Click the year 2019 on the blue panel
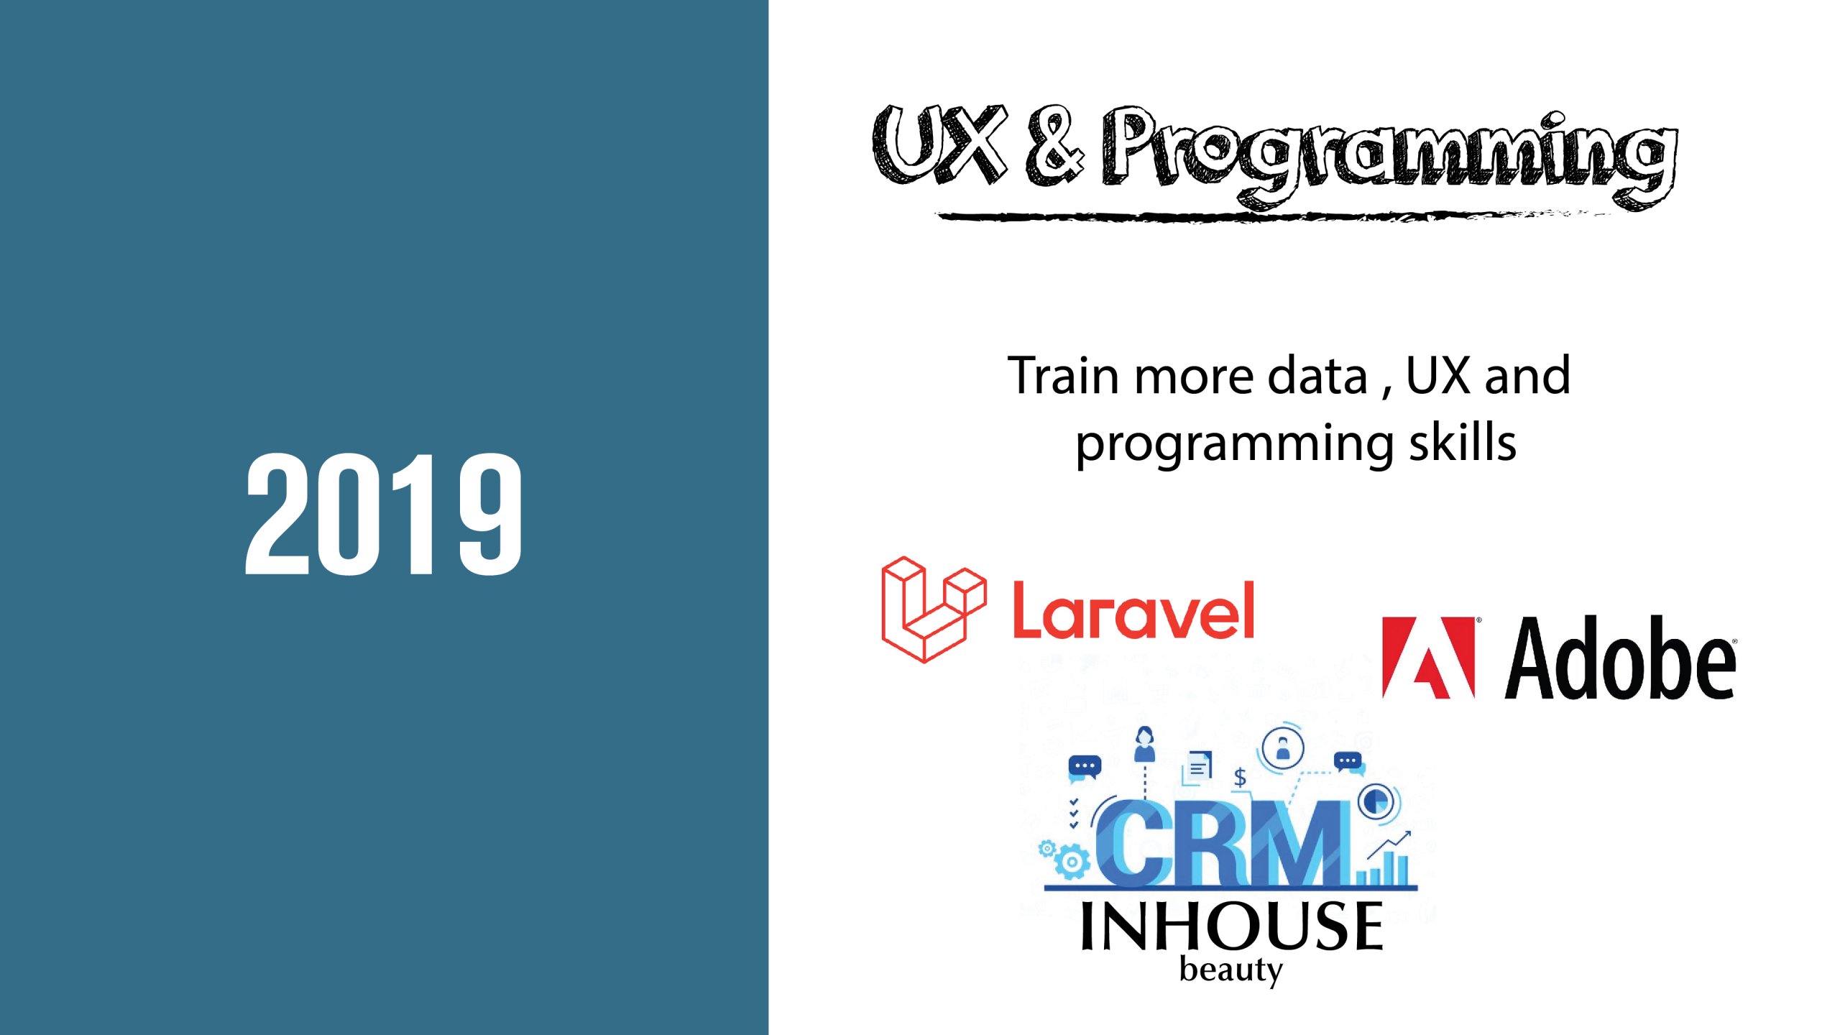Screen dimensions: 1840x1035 click(x=384, y=514)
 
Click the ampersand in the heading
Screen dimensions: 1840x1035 click(x=1054, y=144)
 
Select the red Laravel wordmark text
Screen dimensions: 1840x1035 click(x=1133, y=610)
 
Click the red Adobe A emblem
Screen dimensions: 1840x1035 click(x=1428, y=657)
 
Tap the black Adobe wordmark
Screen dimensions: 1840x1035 click(x=1621, y=657)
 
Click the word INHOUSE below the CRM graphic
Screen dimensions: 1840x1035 click(x=1232, y=926)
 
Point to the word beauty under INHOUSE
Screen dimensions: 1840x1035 click(x=1231, y=971)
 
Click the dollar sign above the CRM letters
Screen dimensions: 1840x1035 click(x=1240, y=777)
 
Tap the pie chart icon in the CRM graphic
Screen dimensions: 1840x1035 click(x=1376, y=800)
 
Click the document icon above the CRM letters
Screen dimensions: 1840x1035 click(x=1197, y=768)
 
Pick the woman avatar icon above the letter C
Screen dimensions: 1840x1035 click(x=1144, y=744)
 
